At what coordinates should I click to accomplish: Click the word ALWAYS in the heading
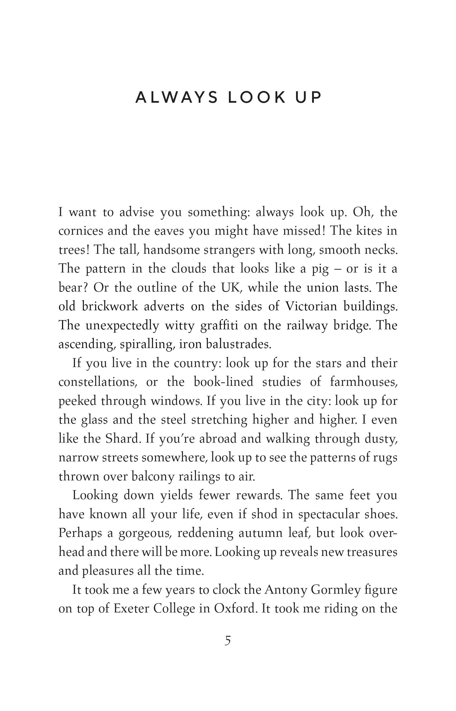(x=177, y=97)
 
